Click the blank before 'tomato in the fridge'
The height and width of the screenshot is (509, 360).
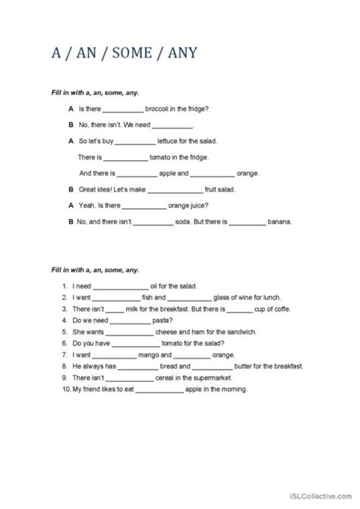[x=125, y=158]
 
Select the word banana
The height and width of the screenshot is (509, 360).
[x=281, y=222]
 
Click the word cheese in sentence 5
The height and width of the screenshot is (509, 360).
[x=171, y=333]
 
